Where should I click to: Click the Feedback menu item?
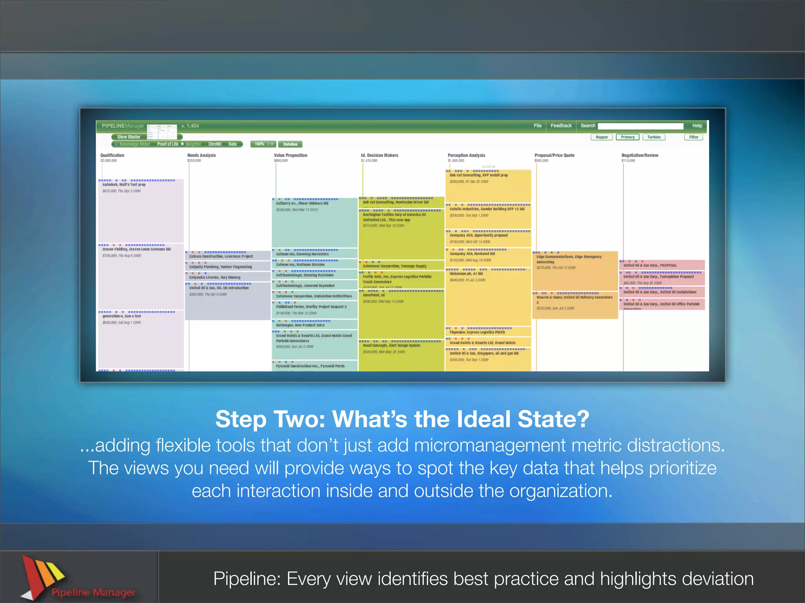pyautogui.click(x=561, y=126)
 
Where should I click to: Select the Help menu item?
pyautogui.click(x=697, y=126)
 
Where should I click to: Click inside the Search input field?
pyautogui.click(x=640, y=126)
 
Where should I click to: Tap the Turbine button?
pyautogui.click(x=654, y=137)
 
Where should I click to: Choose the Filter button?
pyautogui.click(x=693, y=137)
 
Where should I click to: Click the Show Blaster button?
pyautogui.click(x=129, y=137)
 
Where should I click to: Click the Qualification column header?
pyautogui.click(x=112, y=155)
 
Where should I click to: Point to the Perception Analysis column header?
pyautogui.click(x=466, y=155)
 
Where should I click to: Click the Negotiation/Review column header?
pyautogui.click(x=640, y=155)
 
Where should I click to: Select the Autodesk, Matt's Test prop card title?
pyautogui.click(x=124, y=185)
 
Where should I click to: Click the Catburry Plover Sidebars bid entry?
pyautogui.click(x=302, y=203)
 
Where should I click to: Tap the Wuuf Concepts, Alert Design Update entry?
pyautogui.click(x=391, y=345)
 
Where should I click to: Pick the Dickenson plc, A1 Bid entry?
pyautogui.click(x=466, y=274)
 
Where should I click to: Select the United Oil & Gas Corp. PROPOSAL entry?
pyautogui.click(x=650, y=265)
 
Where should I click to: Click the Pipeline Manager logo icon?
pyautogui.click(x=41, y=575)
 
